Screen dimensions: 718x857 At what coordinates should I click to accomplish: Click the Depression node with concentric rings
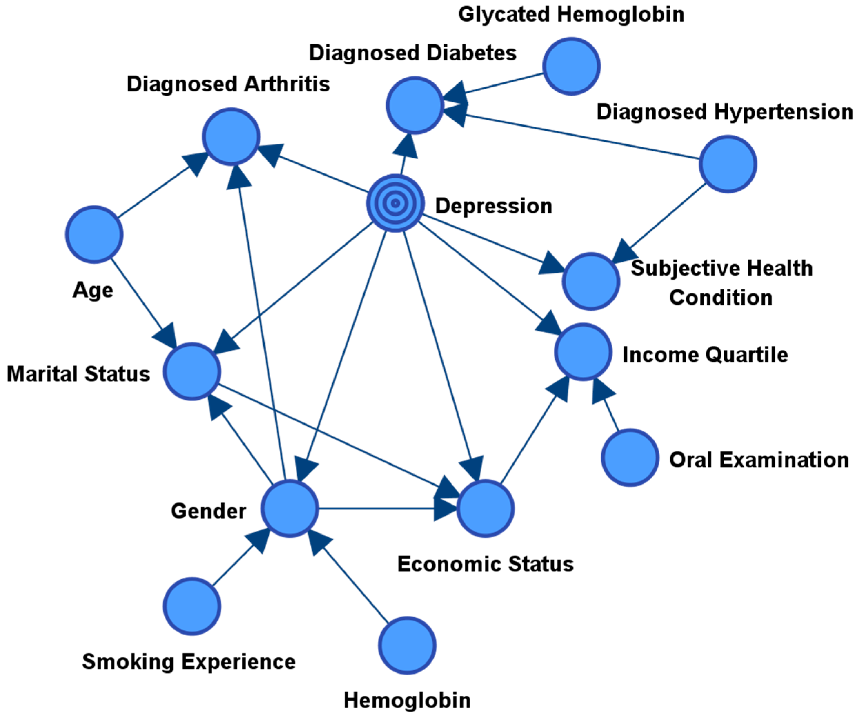click(395, 203)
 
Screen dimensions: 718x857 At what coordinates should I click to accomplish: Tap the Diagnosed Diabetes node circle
click(415, 105)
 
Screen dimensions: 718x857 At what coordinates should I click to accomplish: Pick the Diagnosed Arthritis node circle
click(231, 136)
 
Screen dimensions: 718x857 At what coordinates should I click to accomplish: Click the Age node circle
click(94, 234)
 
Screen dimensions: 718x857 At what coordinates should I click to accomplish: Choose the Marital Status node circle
click(192, 371)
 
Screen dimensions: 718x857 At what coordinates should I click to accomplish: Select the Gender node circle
click(290, 509)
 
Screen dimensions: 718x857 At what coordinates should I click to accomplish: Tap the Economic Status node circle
click(485, 509)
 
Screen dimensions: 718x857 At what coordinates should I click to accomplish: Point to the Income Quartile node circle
click(583, 352)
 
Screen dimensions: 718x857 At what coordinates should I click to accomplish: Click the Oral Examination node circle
click(630, 458)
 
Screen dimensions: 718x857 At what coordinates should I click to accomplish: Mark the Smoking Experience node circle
click(192, 606)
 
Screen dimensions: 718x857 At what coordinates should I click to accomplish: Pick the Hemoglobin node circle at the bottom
click(407, 645)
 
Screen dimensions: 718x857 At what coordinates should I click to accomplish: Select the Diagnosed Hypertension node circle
click(728, 164)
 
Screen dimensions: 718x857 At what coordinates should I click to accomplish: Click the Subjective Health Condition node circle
click(591, 281)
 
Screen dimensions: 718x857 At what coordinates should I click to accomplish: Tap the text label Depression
click(494, 206)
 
